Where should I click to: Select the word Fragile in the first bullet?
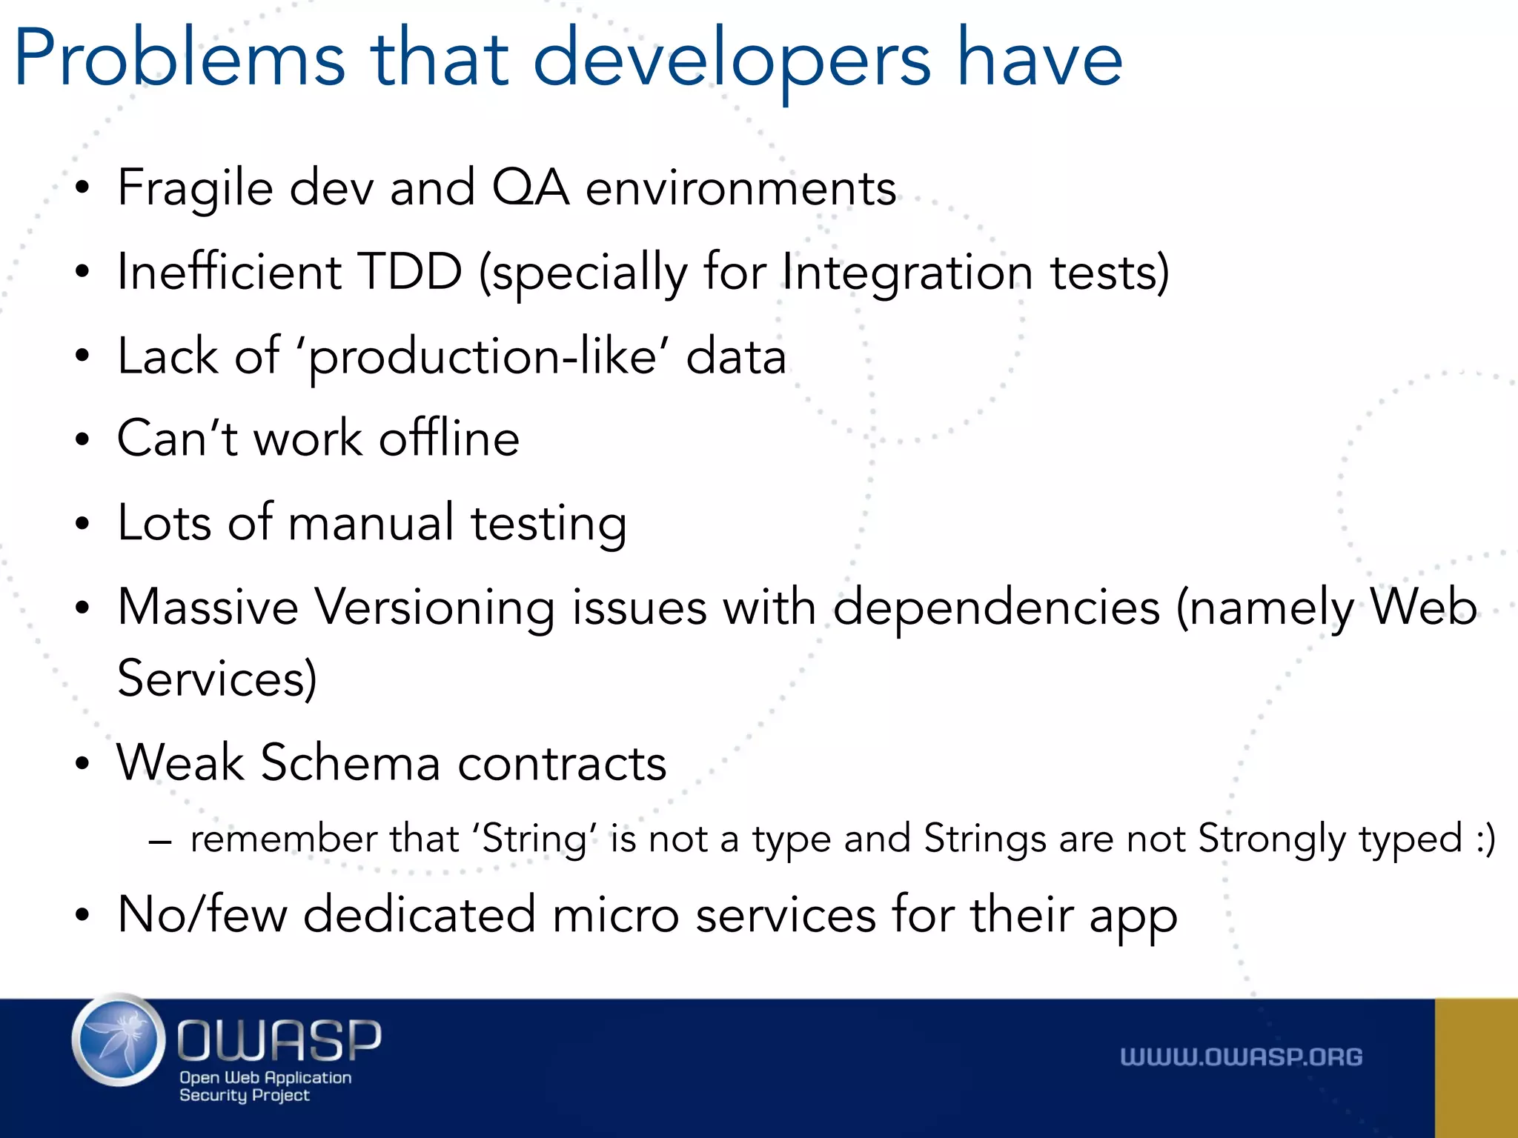[x=195, y=188]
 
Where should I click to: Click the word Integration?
[x=907, y=273]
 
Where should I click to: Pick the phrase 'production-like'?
[x=482, y=357]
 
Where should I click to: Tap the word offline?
[x=449, y=439]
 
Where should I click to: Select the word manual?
[x=371, y=523]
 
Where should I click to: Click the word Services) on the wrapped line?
[x=217, y=678]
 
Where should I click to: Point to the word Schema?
[x=351, y=763]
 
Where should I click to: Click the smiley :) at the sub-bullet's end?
[x=1485, y=840]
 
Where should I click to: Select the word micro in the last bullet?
[x=615, y=916]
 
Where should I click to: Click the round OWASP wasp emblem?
[x=119, y=1040]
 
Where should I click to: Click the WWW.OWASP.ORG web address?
[x=1241, y=1057]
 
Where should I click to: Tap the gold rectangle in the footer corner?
[x=1476, y=1068]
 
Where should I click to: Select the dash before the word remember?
[x=160, y=842]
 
